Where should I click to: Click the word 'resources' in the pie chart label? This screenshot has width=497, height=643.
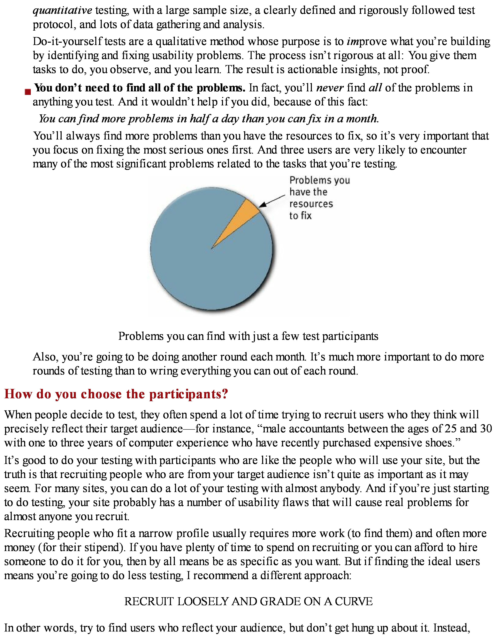[x=311, y=204]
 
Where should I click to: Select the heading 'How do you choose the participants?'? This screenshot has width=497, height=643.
[x=116, y=394]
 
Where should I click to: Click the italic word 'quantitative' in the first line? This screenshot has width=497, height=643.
[x=62, y=10]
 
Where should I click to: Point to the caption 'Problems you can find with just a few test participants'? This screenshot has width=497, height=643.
[x=248, y=336]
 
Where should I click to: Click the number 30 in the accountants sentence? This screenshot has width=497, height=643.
[x=486, y=429]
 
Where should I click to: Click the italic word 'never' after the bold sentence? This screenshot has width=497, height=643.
[x=330, y=88]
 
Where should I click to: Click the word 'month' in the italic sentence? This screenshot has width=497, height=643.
[x=362, y=119]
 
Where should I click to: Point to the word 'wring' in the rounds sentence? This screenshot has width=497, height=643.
[x=163, y=371]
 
